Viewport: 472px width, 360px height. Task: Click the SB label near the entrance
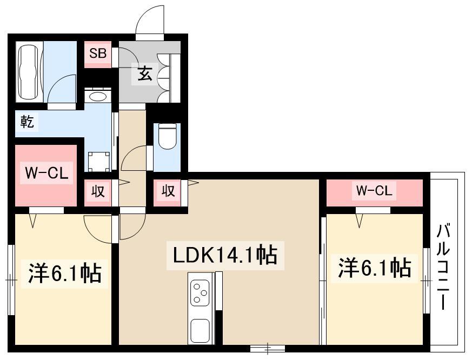(x=98, y=54)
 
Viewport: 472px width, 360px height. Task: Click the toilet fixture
(x=167, y=136)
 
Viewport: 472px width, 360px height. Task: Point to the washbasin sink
(x=98, y=96)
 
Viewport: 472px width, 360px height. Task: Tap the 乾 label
(x=26, y=122)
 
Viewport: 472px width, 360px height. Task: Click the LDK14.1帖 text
(x=225, y=255)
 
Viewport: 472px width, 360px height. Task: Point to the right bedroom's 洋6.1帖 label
(x=374, y=268)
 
